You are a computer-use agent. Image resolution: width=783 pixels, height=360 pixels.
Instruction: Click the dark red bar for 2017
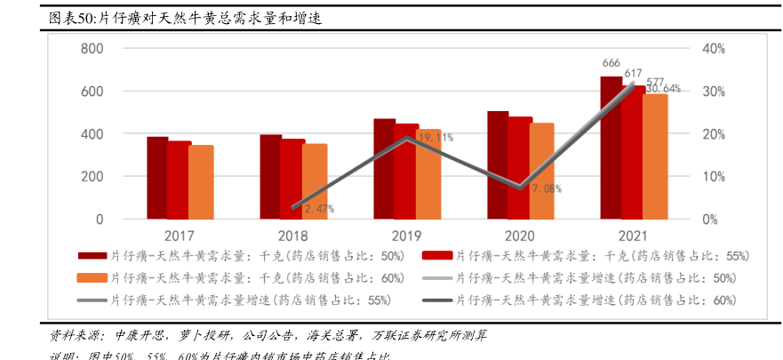(157, 178)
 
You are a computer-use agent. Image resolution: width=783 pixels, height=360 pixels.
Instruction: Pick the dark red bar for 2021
(611, 148)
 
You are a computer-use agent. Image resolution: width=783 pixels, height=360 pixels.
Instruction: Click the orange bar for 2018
(315, 181)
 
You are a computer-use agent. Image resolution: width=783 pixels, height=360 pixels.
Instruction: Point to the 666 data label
(611, 63)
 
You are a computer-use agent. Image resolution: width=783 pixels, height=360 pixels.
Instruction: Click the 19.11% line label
(435, 138)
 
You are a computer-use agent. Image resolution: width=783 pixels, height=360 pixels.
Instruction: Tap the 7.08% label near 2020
(547, 188)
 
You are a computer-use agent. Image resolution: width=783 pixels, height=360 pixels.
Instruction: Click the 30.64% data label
(663, 89)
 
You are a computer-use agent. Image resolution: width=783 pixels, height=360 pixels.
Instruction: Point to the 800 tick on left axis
(92, 49)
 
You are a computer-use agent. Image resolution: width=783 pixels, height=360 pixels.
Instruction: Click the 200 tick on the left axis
(92, 177)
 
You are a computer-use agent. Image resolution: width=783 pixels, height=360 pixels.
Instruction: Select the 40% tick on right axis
(715, 49)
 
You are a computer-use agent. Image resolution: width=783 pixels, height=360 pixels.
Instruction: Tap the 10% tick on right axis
(715, 177)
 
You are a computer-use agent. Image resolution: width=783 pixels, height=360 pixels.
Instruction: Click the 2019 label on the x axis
(406, 236)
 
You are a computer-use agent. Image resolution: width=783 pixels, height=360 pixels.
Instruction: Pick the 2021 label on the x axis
(633, 236)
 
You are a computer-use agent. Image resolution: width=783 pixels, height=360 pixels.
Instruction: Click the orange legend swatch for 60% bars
(92, 278)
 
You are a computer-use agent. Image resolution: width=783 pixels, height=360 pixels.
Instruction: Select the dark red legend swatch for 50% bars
(92, 256)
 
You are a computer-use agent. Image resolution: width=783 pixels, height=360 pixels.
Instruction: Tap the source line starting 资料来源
(267, 336)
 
